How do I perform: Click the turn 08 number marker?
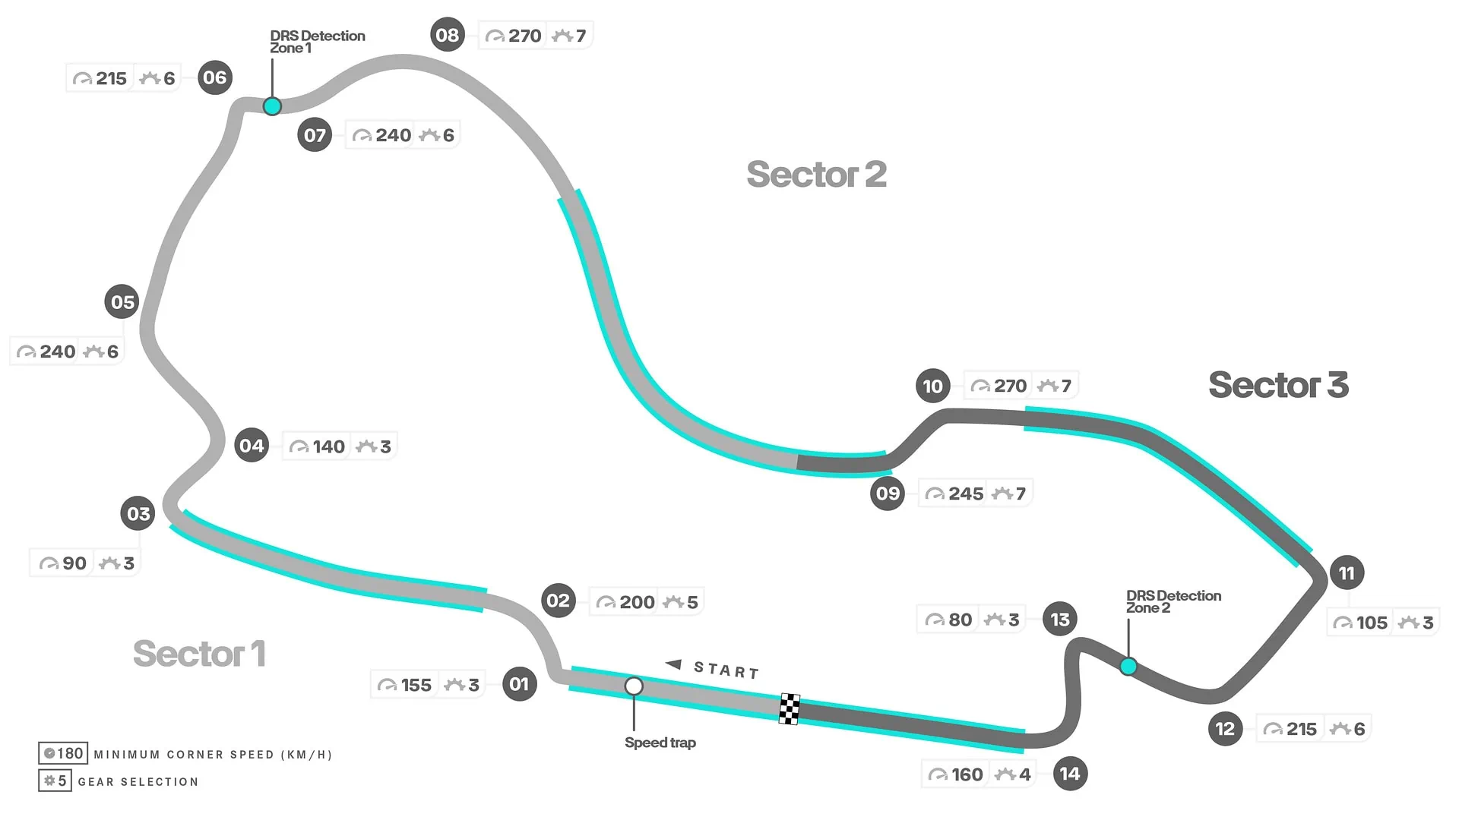point(448,35)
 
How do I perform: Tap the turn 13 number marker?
point(1060,620)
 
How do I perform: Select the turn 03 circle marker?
point(138,514)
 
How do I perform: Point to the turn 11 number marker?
point(1347,573)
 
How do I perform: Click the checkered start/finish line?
point(790,709)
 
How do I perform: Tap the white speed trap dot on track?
point(634,686)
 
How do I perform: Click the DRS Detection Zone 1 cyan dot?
point(272,106)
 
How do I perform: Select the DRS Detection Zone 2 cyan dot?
point(1128,667)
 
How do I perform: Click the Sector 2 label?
point(816,175)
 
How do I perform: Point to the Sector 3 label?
point(1278,385)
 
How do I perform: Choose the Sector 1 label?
point(199,654)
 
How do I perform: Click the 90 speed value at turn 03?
point(74,563)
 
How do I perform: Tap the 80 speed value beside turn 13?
point(961,620)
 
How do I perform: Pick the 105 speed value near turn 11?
point(1372,623)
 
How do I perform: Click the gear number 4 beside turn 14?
point(1025,774)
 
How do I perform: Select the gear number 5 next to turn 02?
point(692,602)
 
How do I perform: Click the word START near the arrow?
point(726,670)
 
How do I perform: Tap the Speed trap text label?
point(660,743)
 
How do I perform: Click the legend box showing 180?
point(63,753)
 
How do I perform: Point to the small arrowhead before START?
point(673,664)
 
